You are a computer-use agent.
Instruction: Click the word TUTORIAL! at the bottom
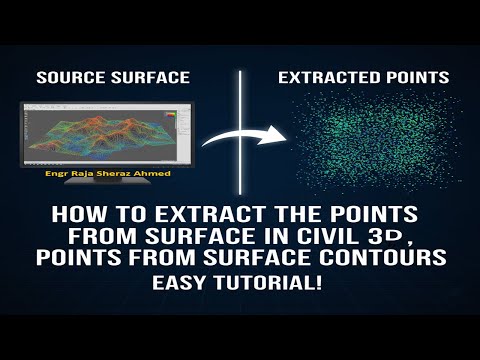269,283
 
